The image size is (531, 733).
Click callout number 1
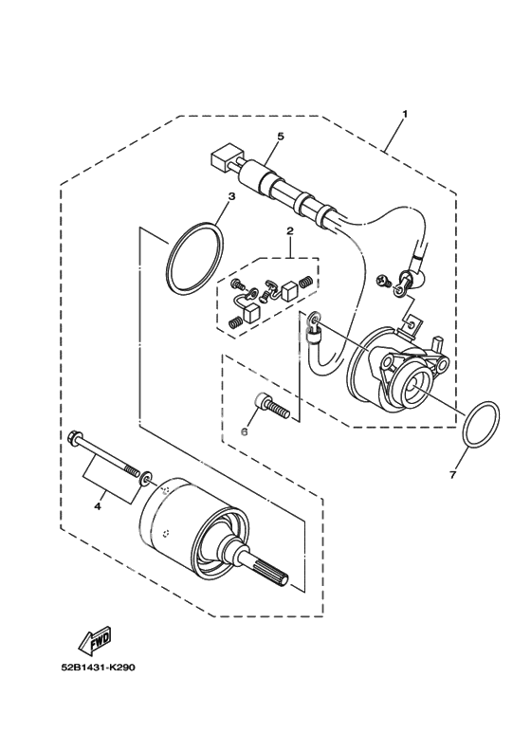click(405, 114)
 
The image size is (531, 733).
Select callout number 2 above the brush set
click(290, 231)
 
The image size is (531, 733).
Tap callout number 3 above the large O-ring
click(231, 196)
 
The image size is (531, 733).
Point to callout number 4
click(98, 506)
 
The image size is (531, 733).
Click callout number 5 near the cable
click(281, 136)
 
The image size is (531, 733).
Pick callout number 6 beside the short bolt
click(244, 432)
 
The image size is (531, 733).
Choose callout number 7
click(452, 475)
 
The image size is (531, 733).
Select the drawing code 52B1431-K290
click(98, 668)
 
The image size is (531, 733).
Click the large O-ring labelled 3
click(194, 260)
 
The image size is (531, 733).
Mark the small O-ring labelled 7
click(482, 424)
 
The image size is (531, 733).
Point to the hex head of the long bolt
click(74, 439)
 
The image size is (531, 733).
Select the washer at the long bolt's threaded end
click(145, 478)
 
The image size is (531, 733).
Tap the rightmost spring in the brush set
click(306, 282)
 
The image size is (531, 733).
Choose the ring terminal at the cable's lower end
click(314, 321)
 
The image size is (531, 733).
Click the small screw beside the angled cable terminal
click(383, 282)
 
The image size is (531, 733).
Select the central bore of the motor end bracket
click(414, 385)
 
